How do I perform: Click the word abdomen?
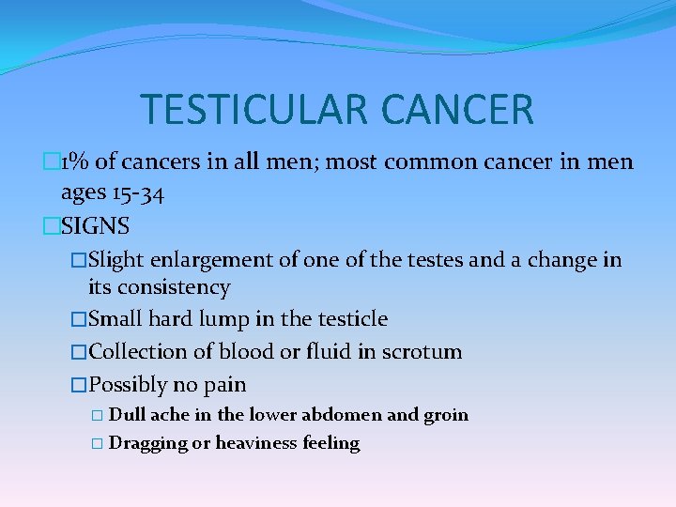(321, 415)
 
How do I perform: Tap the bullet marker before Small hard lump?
(78, 320)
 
